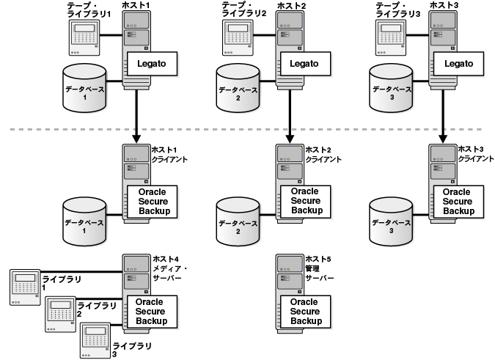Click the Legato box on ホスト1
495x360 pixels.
click(150, 64)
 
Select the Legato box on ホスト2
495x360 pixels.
click(304, 64)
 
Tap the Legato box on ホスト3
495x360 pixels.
click(458, 64)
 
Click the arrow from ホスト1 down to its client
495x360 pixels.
click(136, 117)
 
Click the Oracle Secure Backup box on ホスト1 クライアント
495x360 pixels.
click(150, 201)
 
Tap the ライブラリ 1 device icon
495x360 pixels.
click(26, 287)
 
